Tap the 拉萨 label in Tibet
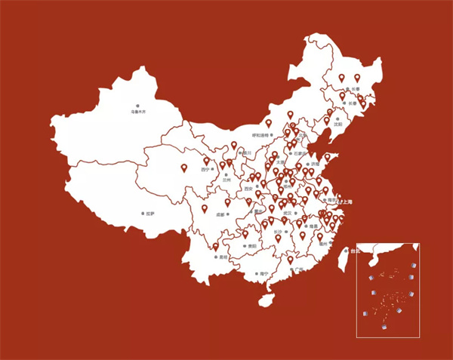[x=149, y=214]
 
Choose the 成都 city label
[x=220, y=214]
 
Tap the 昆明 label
[x=223, y=257]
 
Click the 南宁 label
[x=263, y=274]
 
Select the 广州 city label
[x=298, y=268]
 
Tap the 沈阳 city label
[x=338, y=123]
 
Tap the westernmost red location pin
[x=183, y=169]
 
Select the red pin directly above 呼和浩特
[x=268, y=123]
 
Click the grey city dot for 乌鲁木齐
[x=137, y=106]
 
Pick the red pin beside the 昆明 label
[x=216, y=246]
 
